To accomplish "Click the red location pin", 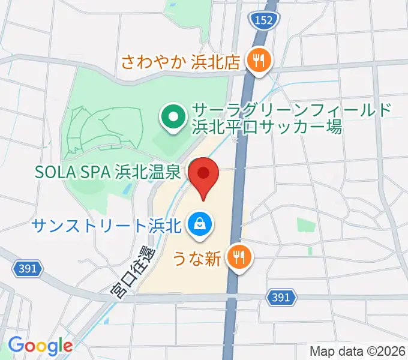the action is point(203,175).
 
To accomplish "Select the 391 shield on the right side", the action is point(281,297).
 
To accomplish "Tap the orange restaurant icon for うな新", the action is point(239,259).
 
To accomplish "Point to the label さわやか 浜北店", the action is point(181,61).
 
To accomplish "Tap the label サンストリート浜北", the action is point(106,226).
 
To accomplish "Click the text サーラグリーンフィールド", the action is point(292,111).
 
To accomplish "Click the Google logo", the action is point(40,346).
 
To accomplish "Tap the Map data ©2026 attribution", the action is point(357,351).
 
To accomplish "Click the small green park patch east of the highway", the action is point(306,225).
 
